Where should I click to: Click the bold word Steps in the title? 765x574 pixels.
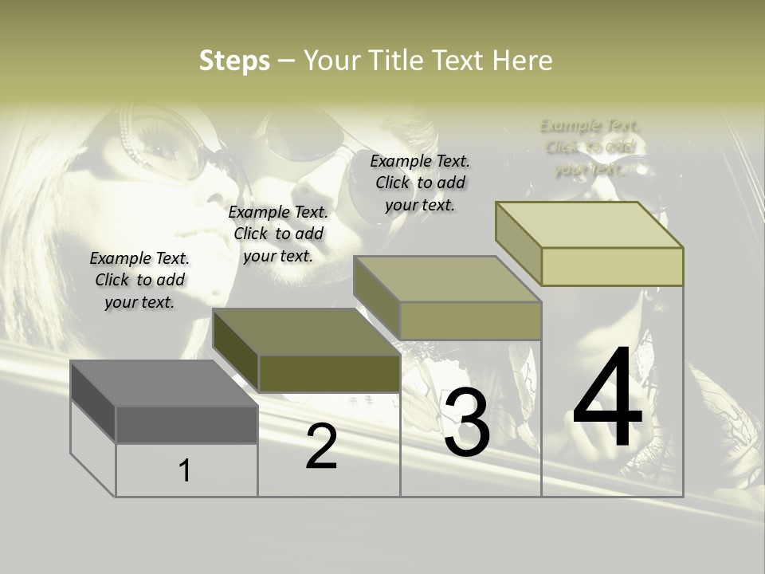click(x=234, y=61)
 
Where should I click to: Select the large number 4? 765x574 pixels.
click(x=607, y=399)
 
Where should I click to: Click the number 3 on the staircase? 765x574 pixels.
click(x=466, y=423)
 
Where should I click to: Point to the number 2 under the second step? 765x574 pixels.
click(x=321, y=446)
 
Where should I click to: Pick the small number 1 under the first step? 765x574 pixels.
click(x=185, y=471)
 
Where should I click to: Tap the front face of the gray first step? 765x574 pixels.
click(x=186, y=424)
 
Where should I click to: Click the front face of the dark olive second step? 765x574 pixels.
click(x=329, y=373)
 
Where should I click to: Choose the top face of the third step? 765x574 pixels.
click(x=447, y=279)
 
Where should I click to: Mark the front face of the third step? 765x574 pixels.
click(x=470, y=320)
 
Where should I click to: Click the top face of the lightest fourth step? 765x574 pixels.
click(x=589, y=225)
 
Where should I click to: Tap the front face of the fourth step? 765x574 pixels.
click(x=612, y=266)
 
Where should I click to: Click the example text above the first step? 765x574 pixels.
click(x=139, y=280)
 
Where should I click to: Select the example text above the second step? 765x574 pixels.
click(x=278, y=234)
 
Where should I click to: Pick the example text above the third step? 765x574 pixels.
click(x=420, y=183)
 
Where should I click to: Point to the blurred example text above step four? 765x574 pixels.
click(x=590, y=147)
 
